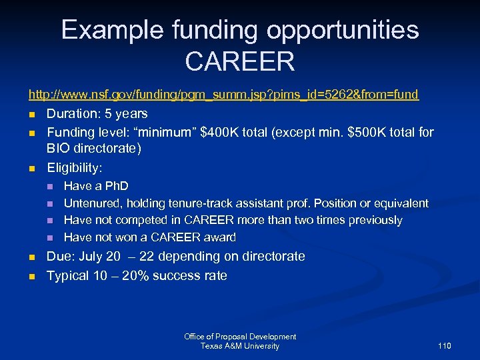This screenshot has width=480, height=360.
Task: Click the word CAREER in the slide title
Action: pos(240,61)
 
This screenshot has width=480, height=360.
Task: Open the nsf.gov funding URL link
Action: pos(223,95)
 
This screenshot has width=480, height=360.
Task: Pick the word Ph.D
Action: pos(114,186)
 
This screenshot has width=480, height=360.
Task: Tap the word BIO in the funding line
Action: pos(58,148)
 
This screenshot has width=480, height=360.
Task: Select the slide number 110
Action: pos(445,346)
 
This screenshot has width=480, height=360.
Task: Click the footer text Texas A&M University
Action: pos(240,346)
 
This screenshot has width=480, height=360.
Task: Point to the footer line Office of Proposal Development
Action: pos(240,337)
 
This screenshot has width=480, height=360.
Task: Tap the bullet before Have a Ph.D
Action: pos(49,186)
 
